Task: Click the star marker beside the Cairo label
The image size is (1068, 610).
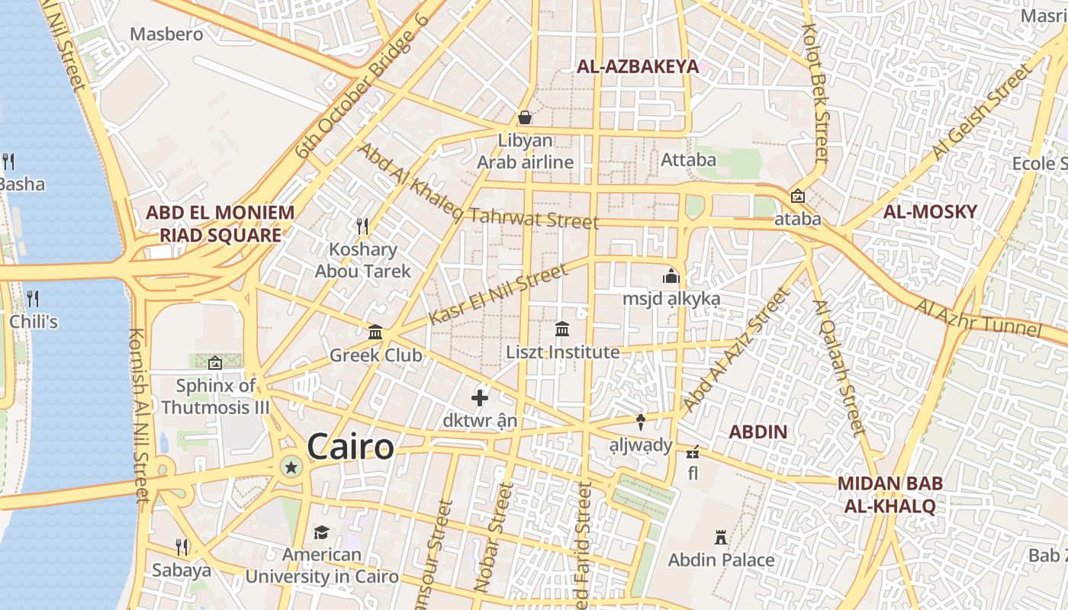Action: [x=291, y=466]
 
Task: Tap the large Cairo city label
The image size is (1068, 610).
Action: [x=350, y=448]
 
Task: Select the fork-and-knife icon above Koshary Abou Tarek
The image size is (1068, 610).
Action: [x=362, y=226]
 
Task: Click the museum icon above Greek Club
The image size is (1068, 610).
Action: [x=375, y=332]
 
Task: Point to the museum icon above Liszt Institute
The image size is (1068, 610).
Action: [x=562, y=329]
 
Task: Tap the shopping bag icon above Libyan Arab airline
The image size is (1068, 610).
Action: [x=525, y=117]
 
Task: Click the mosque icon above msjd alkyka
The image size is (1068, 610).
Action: [x=671, y=275]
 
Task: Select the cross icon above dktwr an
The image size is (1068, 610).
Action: [x=480, y=398]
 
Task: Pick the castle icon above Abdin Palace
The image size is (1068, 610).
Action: [x=720, y=538]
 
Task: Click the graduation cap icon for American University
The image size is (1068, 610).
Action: [x=321, y=532]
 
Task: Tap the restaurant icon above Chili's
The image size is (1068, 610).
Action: [x=32, y=298]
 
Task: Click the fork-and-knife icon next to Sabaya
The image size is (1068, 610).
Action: [x=182, y=547]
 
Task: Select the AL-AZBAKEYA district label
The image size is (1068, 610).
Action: [x=637, y=66]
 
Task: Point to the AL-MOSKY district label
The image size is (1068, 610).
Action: [x=930, y=212]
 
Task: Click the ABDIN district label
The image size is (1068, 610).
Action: [x=758, y=432]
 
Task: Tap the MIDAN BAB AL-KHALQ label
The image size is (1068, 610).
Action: [x=889, y=494]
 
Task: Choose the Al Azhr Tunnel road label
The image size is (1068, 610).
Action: [x=978, y=318]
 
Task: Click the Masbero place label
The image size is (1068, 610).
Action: [x=166, y=34]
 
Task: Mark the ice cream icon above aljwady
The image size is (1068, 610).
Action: [x=641, y=422]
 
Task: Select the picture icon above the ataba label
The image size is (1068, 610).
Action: [x=797, y=196]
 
